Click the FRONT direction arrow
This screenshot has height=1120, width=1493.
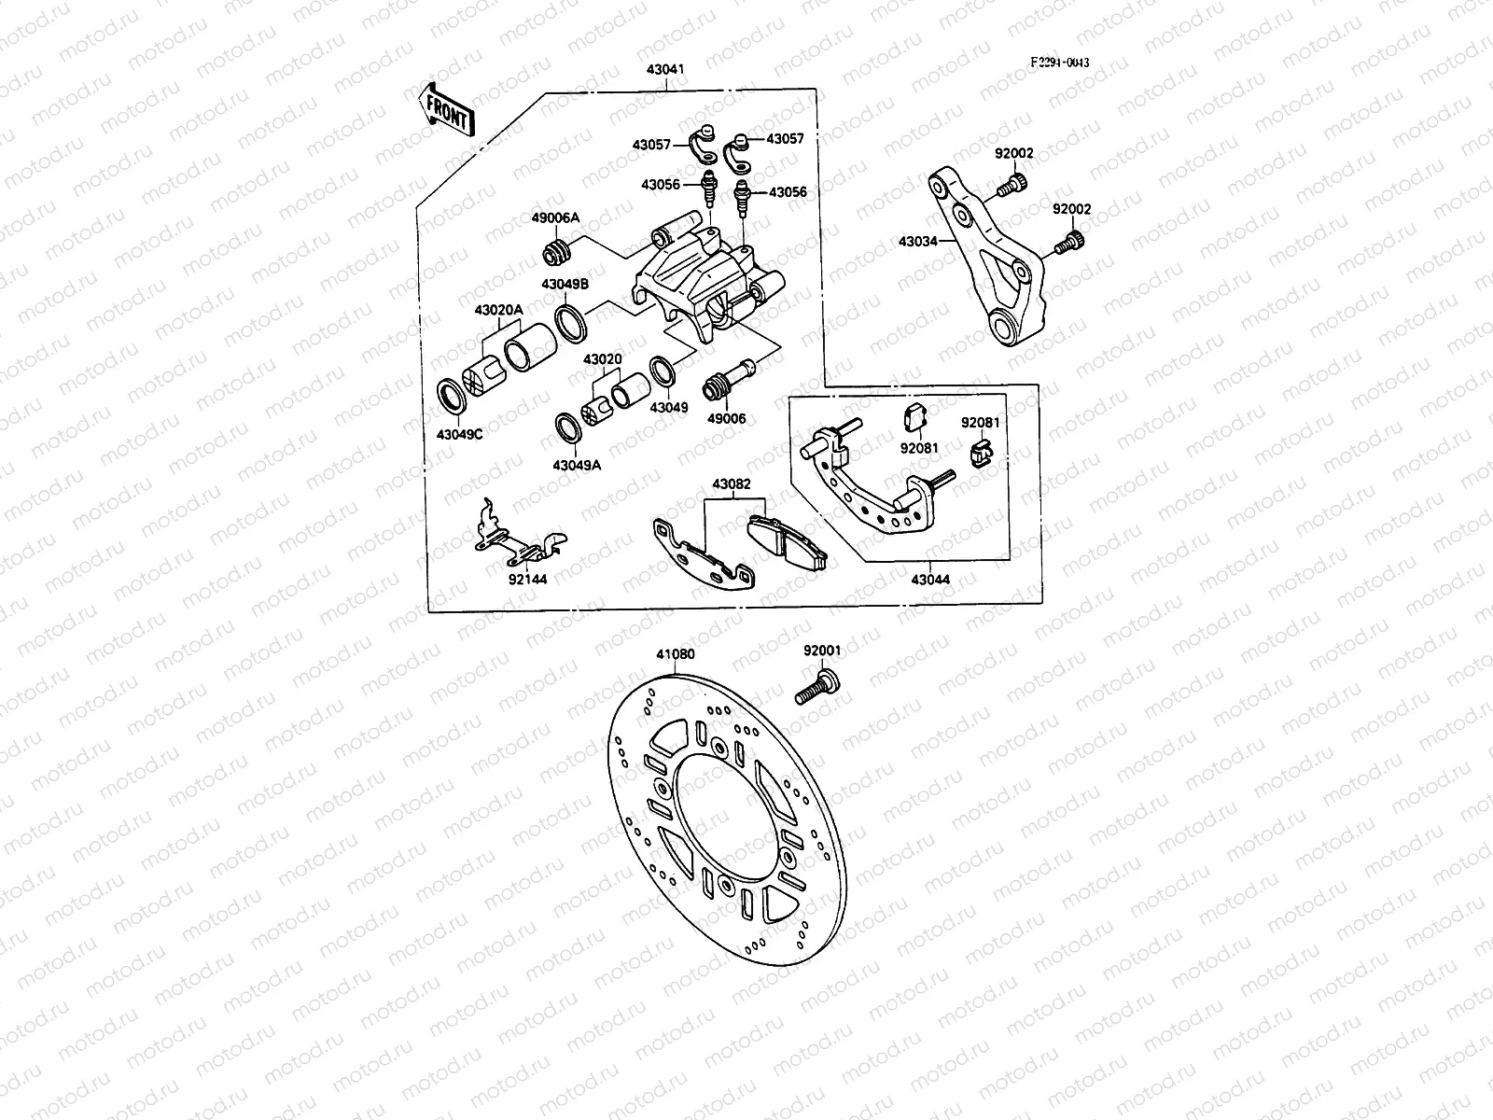pos(447,109)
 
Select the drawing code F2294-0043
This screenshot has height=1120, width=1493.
pos(1059,63)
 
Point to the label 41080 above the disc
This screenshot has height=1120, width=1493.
pos(675,654)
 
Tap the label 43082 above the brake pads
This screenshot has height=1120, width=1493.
pos(731,484)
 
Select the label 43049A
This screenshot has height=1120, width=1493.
pos(576,465)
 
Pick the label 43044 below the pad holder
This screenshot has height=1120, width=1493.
pos(929,580)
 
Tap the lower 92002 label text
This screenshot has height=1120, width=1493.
pos(1071,210)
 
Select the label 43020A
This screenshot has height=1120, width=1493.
pos(498,309)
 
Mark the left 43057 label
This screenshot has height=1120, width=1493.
pos(650,145)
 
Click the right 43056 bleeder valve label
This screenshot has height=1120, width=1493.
pos(788,191)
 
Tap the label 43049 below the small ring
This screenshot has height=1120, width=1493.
pos(669,408)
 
